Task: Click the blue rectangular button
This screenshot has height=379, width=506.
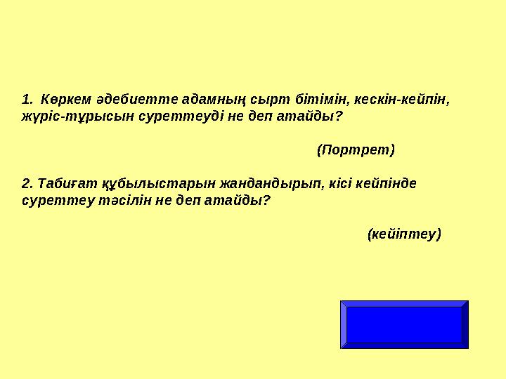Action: [404, 324]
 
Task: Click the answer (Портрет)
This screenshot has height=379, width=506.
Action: [356, 149]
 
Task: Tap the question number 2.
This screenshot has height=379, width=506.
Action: [27, 184]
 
